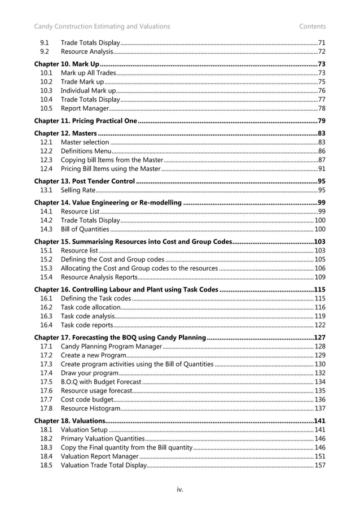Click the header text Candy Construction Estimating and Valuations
click(102, 26)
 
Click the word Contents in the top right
click(312, 26)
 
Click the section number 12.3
click(46, 160)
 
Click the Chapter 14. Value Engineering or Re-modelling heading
click(108, 203)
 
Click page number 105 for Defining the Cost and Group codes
click(319, 259)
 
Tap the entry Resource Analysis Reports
click(99, 277)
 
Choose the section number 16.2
click(46, 307)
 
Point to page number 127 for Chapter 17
click(319, 337)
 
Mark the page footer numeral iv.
click(179, 489)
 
